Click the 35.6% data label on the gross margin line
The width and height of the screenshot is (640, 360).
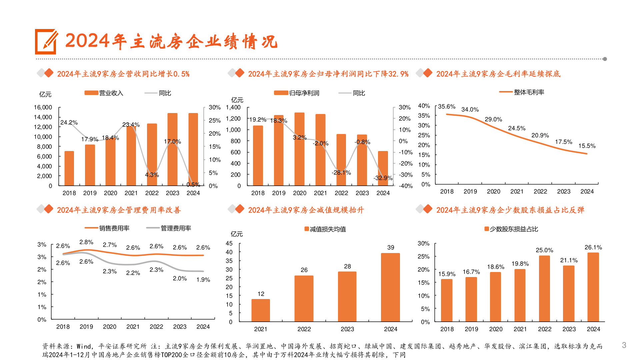[446, 107]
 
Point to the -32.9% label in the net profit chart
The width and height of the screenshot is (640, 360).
[383, 178]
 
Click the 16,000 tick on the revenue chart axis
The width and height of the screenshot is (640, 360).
[43, 107]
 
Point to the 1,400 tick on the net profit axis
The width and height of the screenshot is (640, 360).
[233, 107]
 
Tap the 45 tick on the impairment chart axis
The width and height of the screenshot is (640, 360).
[229, 243]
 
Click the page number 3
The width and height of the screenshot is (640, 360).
[624, 345]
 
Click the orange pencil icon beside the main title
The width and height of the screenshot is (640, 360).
[46, 42]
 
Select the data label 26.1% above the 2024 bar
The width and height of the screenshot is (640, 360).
[593, 247]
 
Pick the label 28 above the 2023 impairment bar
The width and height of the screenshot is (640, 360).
[347, 266]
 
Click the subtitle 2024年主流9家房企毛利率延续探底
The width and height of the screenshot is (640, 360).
[498, 74]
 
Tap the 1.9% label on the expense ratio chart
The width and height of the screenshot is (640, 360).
[203, 280]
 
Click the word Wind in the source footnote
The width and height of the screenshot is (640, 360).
[85, 346]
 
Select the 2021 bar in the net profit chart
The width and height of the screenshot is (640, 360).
[320, 150]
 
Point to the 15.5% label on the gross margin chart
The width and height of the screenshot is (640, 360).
[587, 146]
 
